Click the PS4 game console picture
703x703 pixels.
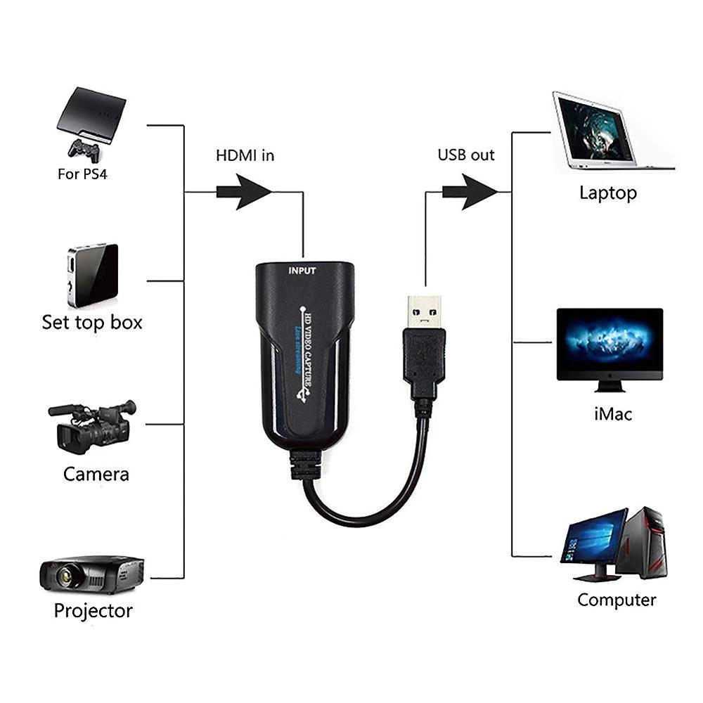click(91, 115)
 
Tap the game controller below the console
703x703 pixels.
click(83, 149)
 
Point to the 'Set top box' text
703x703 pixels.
click(91, 323)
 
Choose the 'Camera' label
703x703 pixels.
click(96, 474)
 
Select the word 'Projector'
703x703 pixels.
click(93, 610)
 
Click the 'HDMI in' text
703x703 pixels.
click(245, 155)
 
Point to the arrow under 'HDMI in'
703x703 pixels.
click(244, 191)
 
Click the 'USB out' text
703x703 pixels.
click(466, 155)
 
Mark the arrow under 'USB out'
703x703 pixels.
click(470, 191)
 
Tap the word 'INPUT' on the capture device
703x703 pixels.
click(302, 271)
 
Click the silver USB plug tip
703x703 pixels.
click(425, 311)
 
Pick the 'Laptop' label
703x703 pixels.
click(608, 193)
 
